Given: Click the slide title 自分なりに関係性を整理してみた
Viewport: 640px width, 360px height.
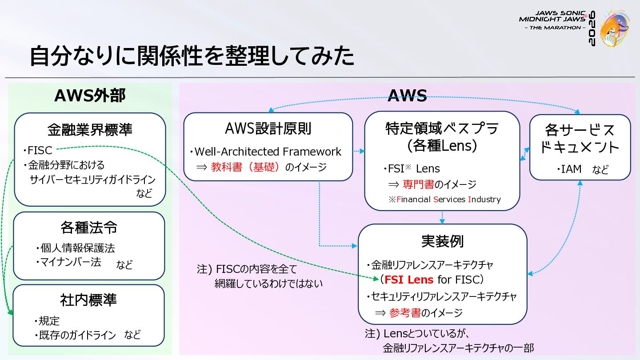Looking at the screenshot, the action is [192, 56].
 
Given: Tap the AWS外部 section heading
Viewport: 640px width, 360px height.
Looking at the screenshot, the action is [90, 96].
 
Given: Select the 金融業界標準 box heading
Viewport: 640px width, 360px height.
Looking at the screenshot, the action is [90, 130].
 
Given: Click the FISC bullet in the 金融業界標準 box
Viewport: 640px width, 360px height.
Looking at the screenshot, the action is [38, 150].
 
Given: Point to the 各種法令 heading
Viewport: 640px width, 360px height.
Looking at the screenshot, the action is [89, 228].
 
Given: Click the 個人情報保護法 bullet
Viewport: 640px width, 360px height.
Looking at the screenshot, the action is [76, 248].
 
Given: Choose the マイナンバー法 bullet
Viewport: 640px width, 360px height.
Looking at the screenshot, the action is [68, 262].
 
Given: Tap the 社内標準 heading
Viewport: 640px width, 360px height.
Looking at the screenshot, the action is [88, 300].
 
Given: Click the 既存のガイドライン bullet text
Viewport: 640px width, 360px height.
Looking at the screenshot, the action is [75, 335].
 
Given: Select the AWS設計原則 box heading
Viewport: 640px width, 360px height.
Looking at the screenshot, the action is [268, 128].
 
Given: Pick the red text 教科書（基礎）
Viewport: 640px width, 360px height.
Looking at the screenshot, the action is [245, 167].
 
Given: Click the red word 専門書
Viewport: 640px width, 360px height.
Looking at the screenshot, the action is [418, 184].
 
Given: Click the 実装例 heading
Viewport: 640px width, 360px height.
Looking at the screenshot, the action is [442, 241].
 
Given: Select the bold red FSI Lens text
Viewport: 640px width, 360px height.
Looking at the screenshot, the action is [409, 280].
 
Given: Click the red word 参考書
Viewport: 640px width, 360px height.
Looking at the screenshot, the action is [405, 313].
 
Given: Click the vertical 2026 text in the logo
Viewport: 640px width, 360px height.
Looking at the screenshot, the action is [592, 28].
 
